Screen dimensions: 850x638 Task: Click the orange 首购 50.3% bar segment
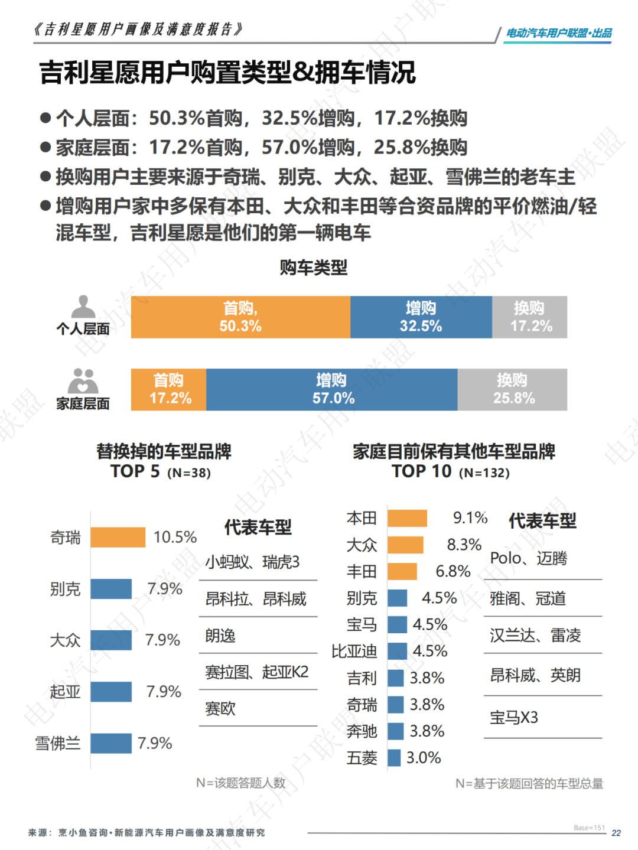click(240, 317)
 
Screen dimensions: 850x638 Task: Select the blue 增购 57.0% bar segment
click(332, 390)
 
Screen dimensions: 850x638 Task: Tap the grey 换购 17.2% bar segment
click(530, 317)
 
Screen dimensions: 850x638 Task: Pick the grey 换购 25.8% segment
click(512, 390)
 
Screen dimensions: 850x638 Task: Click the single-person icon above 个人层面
click(83, 307)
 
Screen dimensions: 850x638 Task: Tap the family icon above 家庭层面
click(83, 381)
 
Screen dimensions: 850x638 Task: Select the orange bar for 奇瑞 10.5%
click(118, 538)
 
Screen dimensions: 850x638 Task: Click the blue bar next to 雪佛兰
click(111, 743)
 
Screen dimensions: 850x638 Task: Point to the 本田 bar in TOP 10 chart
click(407, 519)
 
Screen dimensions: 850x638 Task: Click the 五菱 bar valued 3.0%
click(394, 758)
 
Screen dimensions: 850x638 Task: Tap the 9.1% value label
click(470, 518)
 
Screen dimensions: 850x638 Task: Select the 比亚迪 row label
click(354, 652)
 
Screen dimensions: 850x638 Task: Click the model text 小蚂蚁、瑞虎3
click(252, 562)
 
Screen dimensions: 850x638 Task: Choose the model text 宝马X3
click(514, 718)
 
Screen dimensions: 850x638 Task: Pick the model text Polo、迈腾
click(529, 558)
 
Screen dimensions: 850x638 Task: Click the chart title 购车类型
click(314, 268)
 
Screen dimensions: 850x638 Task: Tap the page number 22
click(616, 833)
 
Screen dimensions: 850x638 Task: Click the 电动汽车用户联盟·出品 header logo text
click(559, 34)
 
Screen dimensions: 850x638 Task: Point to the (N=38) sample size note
click(189, 473)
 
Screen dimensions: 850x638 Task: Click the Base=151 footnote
click(589, 828)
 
